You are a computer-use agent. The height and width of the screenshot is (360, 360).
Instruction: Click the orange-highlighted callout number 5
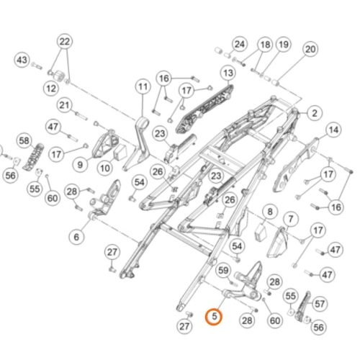[x=214, y=316]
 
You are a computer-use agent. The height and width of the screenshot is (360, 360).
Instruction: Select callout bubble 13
[x=228, y=73]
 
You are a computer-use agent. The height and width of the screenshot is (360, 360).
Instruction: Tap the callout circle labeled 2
[x=315, y=113]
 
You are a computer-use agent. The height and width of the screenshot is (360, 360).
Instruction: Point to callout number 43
[x=22, y=60]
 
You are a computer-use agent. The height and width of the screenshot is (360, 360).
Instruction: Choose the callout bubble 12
[x=51, y=89]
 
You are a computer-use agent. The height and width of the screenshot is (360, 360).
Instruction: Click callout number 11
[x=143, y=86]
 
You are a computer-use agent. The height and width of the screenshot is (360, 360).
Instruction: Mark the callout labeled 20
[x=310, y=49]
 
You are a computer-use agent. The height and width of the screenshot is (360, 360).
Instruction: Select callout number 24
[x=240, y=44]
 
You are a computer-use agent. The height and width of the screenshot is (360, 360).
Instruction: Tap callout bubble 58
[x=24, y=140]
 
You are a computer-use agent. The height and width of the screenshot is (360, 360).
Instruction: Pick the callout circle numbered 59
[x=223, y=271]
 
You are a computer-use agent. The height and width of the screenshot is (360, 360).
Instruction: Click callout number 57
[x=320, y=304]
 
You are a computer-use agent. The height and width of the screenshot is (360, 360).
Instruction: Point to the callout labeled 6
[x=76, y=237]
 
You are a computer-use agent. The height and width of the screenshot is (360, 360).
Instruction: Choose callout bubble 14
[x=333, y=130]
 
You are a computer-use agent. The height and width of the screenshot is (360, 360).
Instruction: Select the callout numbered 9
[x=80, y=165]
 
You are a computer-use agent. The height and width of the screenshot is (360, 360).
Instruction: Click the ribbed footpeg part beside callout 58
[x=34, y=157]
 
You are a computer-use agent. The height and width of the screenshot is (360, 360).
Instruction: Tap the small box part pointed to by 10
[x=121, y=152]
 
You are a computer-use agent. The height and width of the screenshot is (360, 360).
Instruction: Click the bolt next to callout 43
[x=37, y=66]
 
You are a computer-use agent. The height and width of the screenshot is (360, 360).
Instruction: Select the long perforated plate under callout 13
[x=204, y=109]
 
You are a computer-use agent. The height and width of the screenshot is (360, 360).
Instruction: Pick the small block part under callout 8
[x=260, y=230]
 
